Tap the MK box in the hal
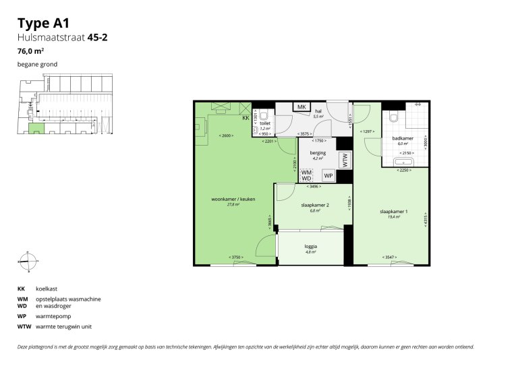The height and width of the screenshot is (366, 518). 301,107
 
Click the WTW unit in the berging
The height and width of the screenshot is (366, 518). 345,160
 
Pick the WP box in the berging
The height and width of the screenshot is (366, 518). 328,175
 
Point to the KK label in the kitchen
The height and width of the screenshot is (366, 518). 246,119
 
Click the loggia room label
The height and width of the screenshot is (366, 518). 310,247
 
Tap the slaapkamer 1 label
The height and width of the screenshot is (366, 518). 391,212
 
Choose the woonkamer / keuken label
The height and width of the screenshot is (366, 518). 233,199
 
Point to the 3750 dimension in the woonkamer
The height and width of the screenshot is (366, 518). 235,257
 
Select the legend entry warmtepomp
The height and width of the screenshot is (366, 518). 53,315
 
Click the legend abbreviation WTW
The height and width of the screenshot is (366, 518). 24,327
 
